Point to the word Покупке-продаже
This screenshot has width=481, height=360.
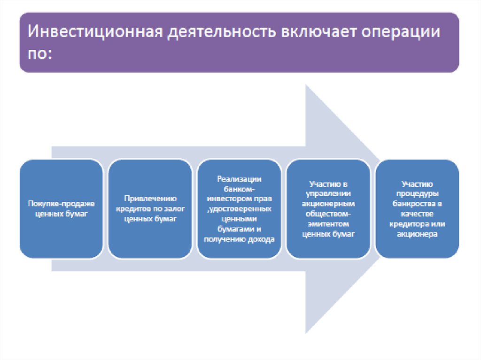coord(61,204)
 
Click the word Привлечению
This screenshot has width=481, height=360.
coord(150,198)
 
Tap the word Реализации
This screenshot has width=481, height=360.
coord(239,179)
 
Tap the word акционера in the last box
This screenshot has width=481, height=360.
coord(418,234)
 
